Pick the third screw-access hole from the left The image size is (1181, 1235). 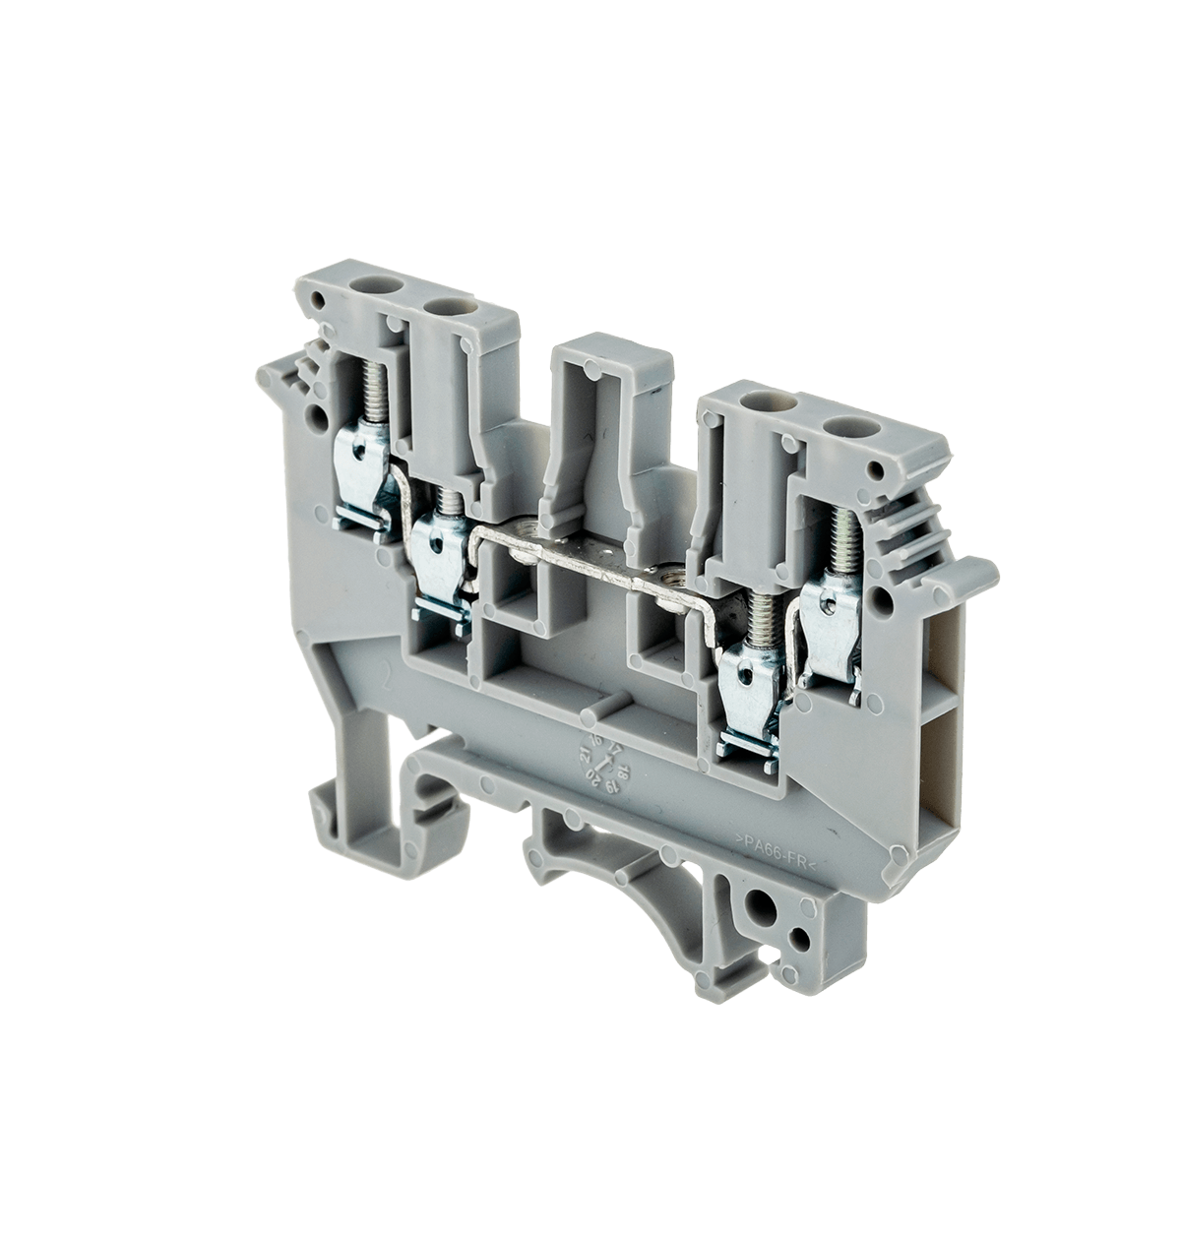tap(763, 401)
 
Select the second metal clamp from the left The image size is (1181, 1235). tap(439, 556)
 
